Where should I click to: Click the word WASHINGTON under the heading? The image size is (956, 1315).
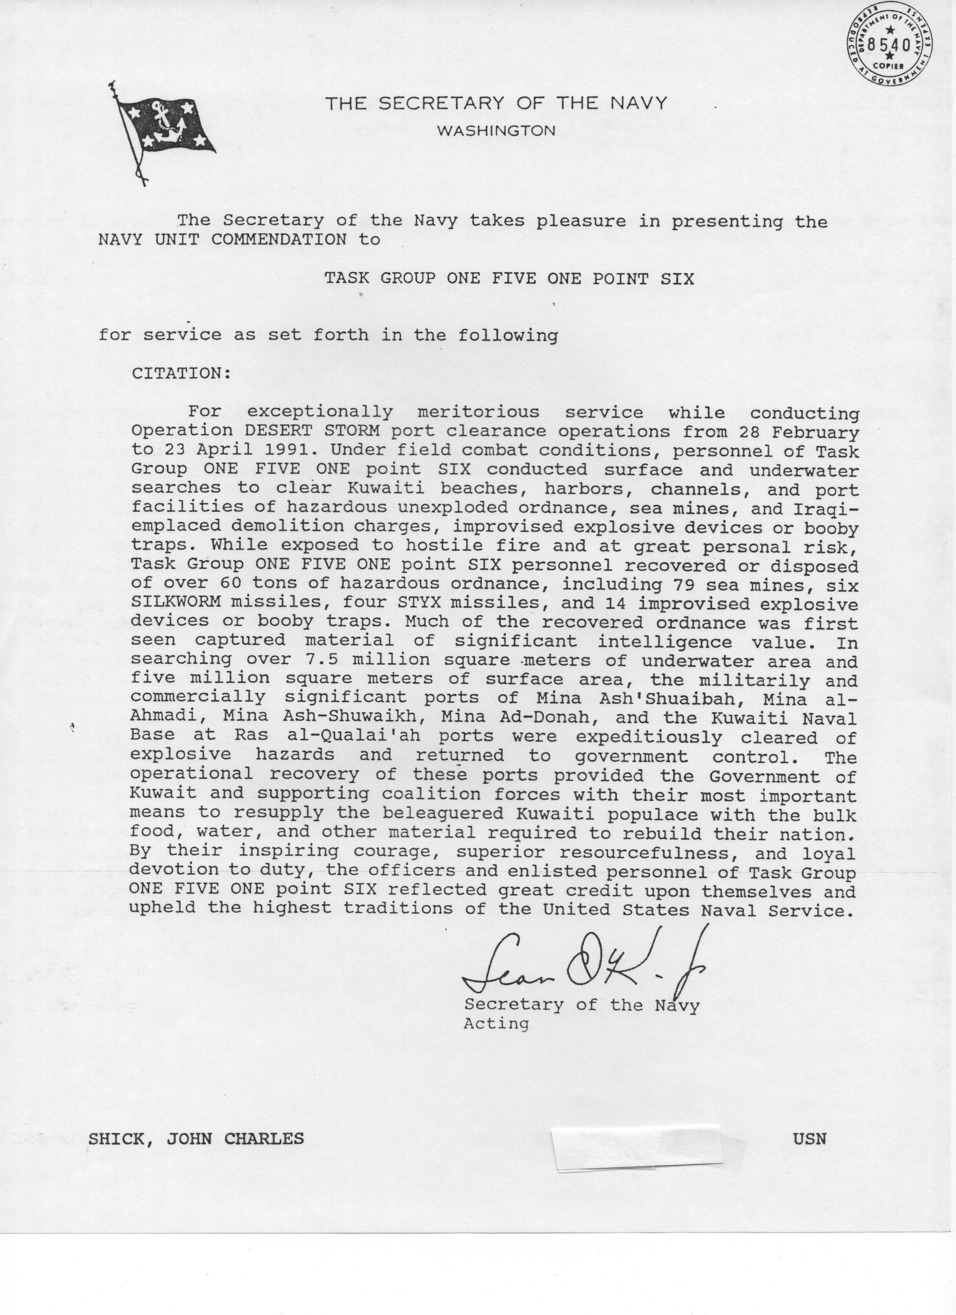[496, 131]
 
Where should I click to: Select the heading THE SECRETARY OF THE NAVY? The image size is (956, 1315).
[496, 104]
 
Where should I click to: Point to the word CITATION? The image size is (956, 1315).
[181, 374]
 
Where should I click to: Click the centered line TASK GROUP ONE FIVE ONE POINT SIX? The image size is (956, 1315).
[509, 279]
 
